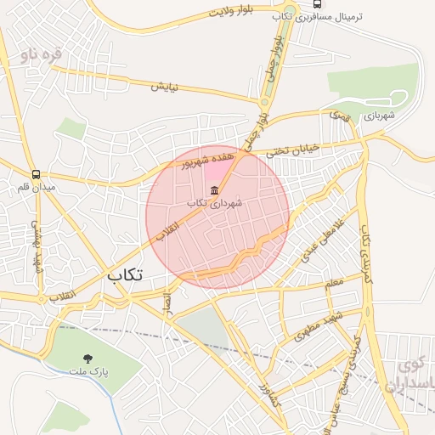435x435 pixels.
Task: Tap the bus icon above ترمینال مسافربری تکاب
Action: point(317,3)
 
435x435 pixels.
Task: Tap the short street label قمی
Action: point(339,113)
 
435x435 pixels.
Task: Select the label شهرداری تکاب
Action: point(214,203)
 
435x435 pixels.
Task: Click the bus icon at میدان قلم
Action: point(36,172)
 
